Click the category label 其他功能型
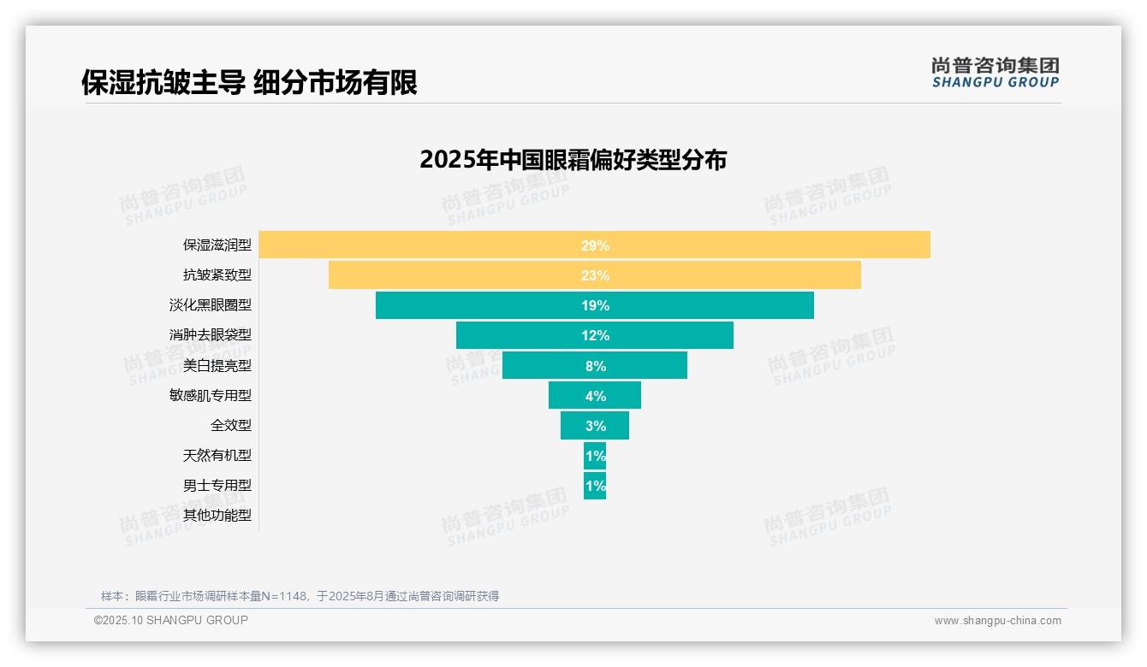(217, 515)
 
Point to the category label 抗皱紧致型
(217, 275)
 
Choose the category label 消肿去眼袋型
(211, 335)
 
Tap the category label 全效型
(231, 425)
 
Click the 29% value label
(595, 245)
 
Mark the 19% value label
(595, 305)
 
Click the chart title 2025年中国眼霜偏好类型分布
(573, 160)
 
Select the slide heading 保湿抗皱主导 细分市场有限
(249, 83)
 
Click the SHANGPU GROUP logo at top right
(995, 73)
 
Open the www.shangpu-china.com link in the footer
(997, 621)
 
